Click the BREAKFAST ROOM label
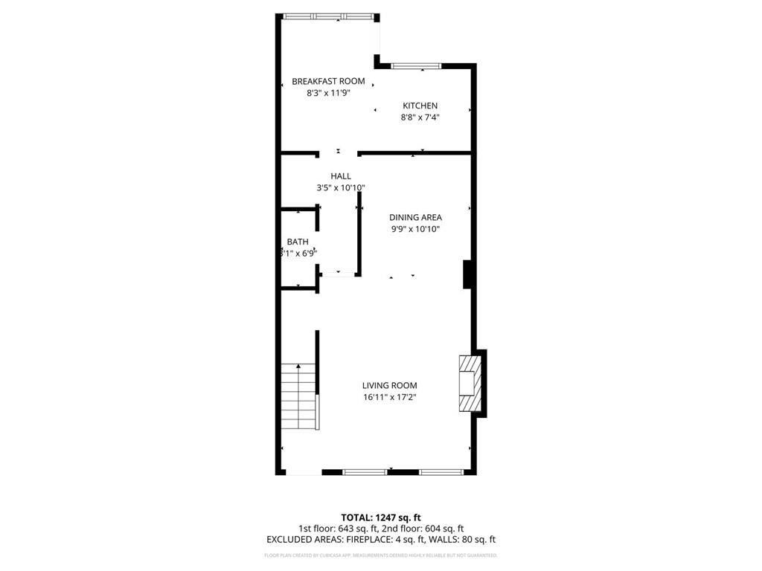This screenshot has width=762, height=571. tap(328, 81)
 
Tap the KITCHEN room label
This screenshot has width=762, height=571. tap(420, 106)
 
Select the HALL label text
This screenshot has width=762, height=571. tap(341, 176)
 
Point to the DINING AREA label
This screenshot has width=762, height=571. tap(415, 217)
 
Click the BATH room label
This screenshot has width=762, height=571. tap(298, 242)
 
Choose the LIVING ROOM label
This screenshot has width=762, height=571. tap(389, 385)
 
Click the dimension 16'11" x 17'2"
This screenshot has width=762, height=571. tap(389, 397)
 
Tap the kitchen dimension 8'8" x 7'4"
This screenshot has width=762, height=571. tap(420, 117)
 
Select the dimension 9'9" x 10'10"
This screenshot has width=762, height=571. tap(415, 229)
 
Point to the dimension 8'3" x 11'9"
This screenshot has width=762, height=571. tap(328, 93)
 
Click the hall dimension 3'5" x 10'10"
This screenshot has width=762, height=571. tap(341, 188)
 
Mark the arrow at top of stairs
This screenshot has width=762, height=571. tap(298, 366)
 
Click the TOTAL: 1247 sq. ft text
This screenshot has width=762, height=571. tap(381, 517)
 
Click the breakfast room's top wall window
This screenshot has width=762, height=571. tap(328, 16)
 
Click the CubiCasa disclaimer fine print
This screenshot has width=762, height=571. tap(381, 555)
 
